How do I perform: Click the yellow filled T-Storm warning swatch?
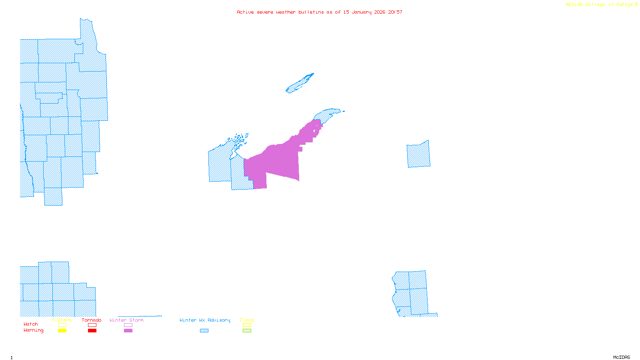(62, 331)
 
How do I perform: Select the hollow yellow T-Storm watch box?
(62, 325)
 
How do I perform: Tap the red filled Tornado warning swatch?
(92, 331)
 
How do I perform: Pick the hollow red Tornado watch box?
(92, 325)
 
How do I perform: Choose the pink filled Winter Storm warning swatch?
(128, 331)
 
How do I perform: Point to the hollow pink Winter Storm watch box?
(128, 325)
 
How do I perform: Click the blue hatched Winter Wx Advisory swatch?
(204, 331)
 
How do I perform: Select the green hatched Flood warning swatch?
(247, 331)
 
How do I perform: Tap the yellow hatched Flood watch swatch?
(247, 325)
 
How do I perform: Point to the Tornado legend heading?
(92, 320)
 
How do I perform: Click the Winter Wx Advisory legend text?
(205, 320)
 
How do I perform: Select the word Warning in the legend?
(34, 330)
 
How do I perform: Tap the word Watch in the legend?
(31, 324)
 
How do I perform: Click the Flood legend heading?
(247, 320)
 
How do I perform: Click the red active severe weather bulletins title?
(320, 12)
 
